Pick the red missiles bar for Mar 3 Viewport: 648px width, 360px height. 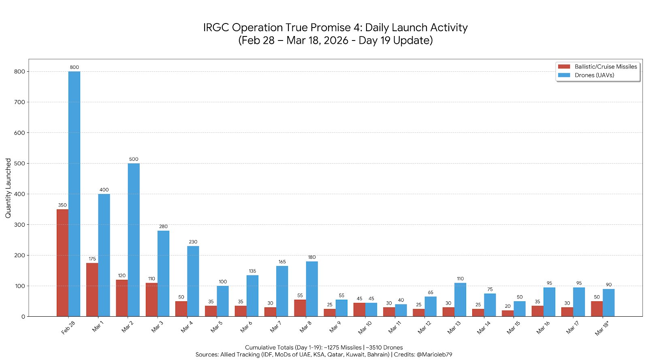(151, 300)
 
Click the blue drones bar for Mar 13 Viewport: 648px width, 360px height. (460, 300)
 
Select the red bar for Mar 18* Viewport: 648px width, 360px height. (597, 309)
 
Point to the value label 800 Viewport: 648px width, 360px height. (74, 67)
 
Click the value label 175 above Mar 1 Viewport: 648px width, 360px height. (92, 259)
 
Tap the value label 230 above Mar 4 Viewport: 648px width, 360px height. (193, 242)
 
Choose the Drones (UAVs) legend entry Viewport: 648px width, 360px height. (594, 75)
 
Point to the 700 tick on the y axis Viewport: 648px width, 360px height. (19, 102)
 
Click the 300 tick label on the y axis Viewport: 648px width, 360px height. (19, 225)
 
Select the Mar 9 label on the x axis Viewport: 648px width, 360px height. (335, 327)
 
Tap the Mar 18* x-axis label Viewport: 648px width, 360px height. (602, 328)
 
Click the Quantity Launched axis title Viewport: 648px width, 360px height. (8, 188)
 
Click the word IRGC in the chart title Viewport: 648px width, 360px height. (216, 28)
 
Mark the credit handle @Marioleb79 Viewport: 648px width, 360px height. (434, 354)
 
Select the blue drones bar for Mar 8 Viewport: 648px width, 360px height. (312, 289)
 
